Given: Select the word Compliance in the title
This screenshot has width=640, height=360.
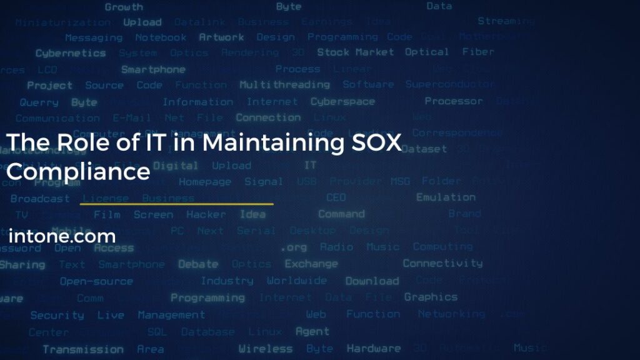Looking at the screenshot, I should [78, 171].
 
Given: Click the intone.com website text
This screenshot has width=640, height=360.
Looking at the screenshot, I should [62, 236].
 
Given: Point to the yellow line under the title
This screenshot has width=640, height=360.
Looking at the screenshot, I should [177, 204].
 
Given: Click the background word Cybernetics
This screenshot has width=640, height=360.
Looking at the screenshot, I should [71, 53].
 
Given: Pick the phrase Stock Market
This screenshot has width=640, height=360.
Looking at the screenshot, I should [355, 52].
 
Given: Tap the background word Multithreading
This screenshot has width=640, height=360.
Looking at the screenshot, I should [284, 84].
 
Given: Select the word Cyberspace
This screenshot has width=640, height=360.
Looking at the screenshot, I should [342, 101].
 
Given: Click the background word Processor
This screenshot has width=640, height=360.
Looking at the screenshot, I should [454, 101].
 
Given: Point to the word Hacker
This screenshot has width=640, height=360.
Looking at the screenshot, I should [206, 214].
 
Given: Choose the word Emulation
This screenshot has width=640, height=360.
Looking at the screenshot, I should [446, 197].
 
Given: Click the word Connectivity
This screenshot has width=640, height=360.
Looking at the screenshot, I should [442, 263].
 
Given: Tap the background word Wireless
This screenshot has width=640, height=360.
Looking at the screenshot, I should [265, 349].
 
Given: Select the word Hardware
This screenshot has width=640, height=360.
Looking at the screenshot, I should [374, 349].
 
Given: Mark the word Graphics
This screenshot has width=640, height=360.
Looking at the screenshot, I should [431, 297].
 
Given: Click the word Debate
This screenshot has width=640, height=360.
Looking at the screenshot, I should [198, 264].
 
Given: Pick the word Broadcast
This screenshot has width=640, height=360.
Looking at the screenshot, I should [40, 198].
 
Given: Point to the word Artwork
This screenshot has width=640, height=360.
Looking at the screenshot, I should [221, 37].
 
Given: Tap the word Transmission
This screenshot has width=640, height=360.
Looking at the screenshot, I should [82, 349].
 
